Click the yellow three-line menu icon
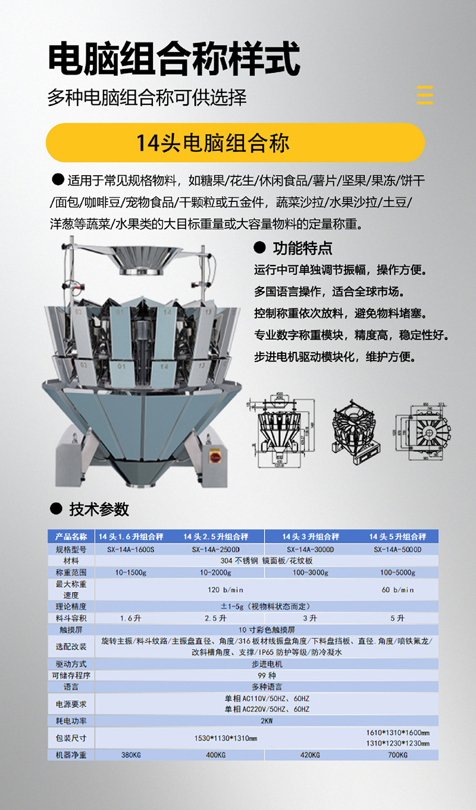425,95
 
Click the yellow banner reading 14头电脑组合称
235,143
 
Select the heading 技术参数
99,509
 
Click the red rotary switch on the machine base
212,455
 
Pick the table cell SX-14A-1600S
130,549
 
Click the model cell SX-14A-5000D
397,549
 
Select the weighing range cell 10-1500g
130,572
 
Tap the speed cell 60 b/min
397,590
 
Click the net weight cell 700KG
397,755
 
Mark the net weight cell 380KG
130,755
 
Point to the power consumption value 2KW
267,721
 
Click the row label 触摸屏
71,629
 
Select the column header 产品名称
71,537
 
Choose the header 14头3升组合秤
311,537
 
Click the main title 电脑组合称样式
173,60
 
